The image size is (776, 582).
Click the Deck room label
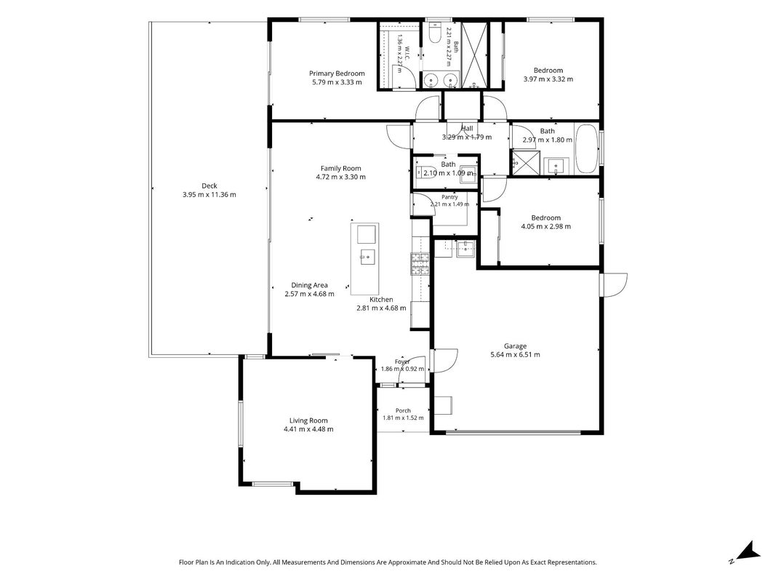(209, 186)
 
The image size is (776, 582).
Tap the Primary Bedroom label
(337, 73)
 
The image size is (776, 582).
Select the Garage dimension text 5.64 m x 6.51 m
(515, 355)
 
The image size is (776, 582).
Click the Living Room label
(308, 420)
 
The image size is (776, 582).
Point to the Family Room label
(341, 168)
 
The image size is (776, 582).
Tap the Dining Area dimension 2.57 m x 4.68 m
(309, 294)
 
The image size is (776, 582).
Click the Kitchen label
(382, 300)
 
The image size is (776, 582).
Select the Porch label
(404, 411)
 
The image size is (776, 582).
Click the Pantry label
(450, 197)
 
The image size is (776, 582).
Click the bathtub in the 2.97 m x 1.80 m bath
(588, 149)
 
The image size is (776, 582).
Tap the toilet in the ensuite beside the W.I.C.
(434, 33)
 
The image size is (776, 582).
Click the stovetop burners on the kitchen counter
(420, 264)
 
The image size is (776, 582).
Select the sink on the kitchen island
(367, 257)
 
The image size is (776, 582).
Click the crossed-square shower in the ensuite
(475, 55)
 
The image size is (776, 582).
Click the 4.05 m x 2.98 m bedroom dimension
(546, 227)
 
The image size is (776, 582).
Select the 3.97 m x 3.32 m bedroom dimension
(548, 79)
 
